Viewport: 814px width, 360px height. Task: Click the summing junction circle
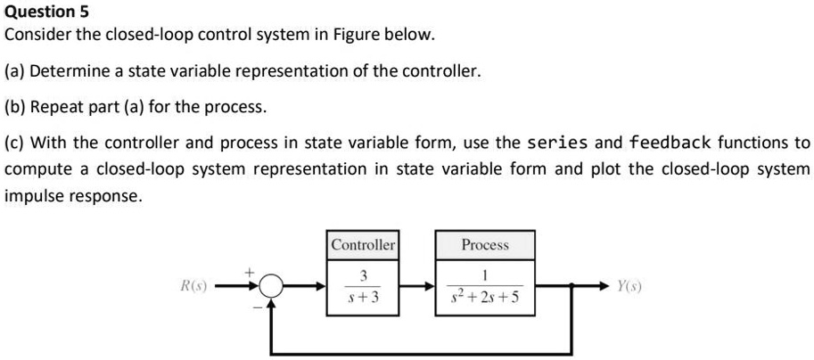pyautogui.click(x=273, y=287)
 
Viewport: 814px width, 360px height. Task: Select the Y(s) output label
pyautogui.click(x=629, y=287)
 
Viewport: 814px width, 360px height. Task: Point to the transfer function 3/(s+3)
pyautogui.click(x=363, y=288)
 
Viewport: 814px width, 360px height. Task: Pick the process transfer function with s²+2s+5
pyautogui.click(x=485, y=288)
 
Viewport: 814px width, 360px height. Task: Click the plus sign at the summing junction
pyautogui.click(x=251, y=270)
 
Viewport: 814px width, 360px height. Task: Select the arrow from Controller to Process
pyautogui.click(x=416, y=287)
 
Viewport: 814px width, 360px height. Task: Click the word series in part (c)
pyautogui.click(x=558, y=143)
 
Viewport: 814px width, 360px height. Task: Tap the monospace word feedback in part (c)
pyautogui.click(x=670, y=143)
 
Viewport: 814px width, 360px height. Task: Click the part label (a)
pyautogui.click(x=15, y=71)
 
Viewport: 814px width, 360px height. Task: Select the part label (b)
pyautogui.click(x=15, y=107)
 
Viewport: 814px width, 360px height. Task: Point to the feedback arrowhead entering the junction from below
pyautogui.click(x=273, y=306)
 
